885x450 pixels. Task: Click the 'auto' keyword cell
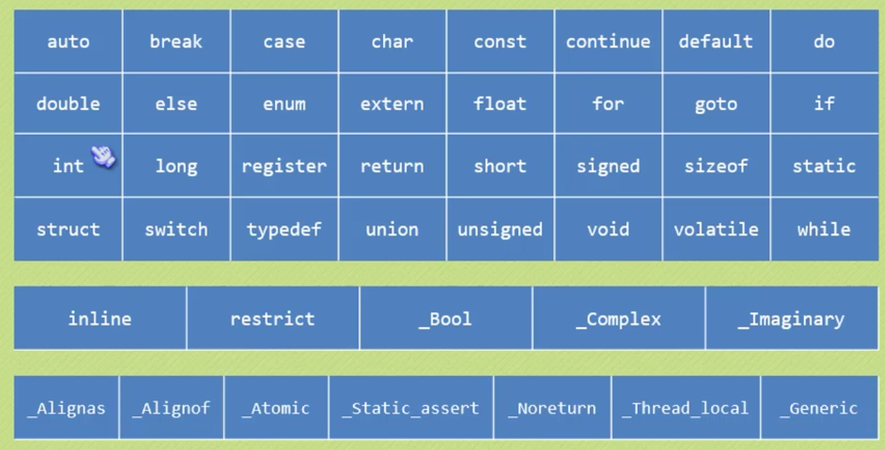pyautogui.click(x=68, y=42)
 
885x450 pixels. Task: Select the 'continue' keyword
pyautogui.click(x=608, y=42)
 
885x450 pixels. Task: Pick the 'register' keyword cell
pyautogui.click(x=284, y=166)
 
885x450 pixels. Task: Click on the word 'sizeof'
pyautogui.click(x=716, y=166)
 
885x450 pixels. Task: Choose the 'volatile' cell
pyautogui.click(x=716, y=229)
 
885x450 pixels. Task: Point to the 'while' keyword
pyautogui.click(x=824, y=229)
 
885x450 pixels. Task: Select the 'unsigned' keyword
pyautogui.click(x=500, y=229)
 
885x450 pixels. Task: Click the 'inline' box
pyautogui.click(x=100, y=318)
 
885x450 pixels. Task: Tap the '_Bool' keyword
pyautogui.click(x=445, y=318)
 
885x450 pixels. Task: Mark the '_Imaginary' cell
pyautogui.click(x=791, y=318)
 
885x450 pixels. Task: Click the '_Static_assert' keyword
pyautogui.click(x=411, y=408)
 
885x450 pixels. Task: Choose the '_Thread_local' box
pyautogui.click(x=686, y=408)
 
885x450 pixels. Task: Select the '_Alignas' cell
pyautogui.click(x=66, y=408)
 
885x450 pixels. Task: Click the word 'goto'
pyautogui.click(x=716, y=104)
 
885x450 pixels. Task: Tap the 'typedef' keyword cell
pyautogui.click(x=284, y=229)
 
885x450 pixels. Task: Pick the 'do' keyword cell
pyautogui.click(x=824, y=42)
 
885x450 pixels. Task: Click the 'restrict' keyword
pyautogui.click(x=272, y=318)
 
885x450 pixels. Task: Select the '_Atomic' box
pyautogui.click(x=276, y=408)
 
